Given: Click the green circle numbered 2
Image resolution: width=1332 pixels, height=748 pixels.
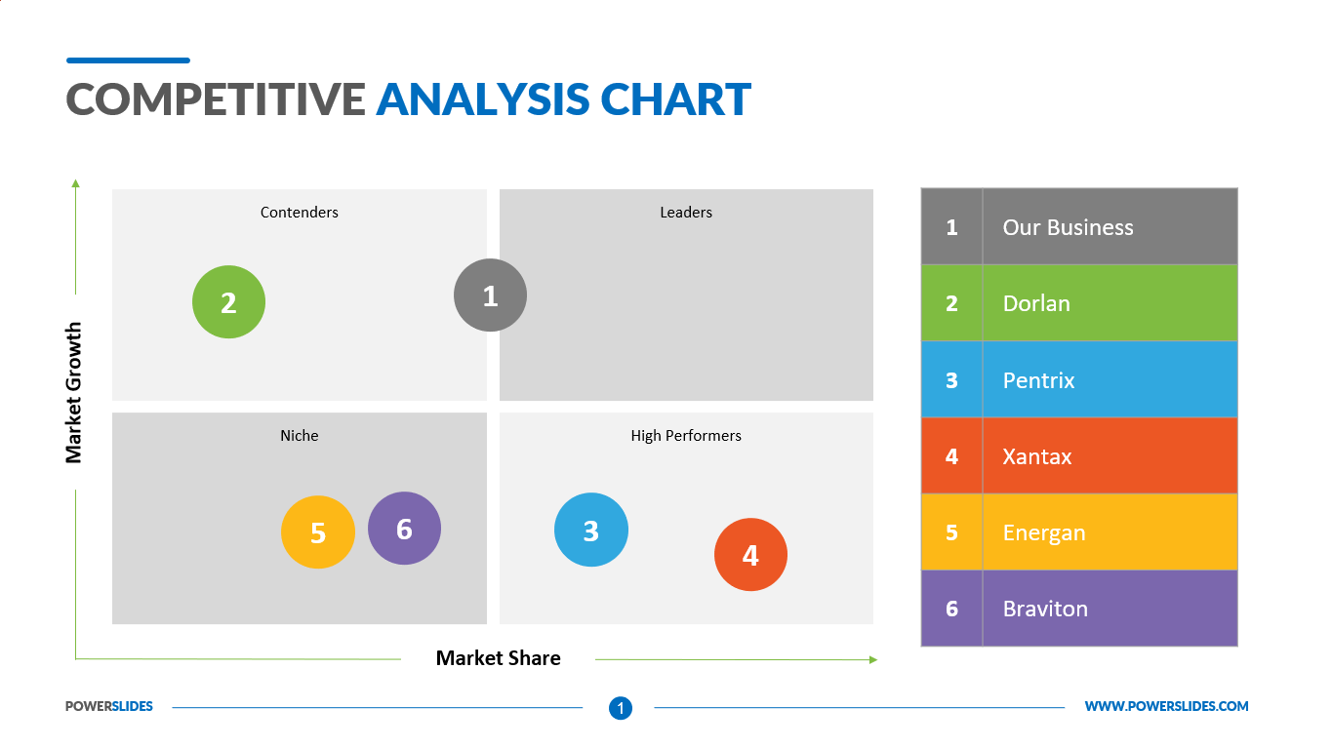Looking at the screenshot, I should [x=228, y=302].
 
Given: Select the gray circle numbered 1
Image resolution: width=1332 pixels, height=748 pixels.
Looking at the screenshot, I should [x=490, y=295].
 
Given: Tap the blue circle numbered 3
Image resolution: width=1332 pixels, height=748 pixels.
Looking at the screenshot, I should [x=590, y=530].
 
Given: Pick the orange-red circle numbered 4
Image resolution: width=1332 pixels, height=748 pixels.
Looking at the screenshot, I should [x=749, y=554].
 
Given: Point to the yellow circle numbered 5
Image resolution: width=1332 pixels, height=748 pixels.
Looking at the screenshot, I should [x=317, y=532].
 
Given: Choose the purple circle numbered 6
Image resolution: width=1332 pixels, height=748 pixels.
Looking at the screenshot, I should [x=404, y=528].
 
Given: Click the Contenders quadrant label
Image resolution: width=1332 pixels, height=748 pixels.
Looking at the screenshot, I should [x=299, y=212].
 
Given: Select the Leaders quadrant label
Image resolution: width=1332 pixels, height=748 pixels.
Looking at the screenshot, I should [x=685, y=212].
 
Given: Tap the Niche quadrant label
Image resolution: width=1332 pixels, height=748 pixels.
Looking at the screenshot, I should [x=299, y=435].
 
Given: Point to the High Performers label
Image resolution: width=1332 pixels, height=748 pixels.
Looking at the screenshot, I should [x=685, y=435].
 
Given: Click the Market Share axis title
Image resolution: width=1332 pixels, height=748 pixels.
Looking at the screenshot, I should [x=498, y=658].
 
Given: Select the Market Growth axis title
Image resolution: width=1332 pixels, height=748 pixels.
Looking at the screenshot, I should [x=74, y=392].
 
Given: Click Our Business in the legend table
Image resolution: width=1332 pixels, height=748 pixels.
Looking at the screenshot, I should [x=1068, y=227].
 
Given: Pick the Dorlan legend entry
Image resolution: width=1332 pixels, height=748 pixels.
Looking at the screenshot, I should [x=1035, y=303].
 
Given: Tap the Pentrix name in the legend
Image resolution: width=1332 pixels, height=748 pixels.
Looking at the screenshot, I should [x=1038, y=380].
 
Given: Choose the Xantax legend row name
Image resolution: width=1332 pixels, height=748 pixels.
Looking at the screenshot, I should [x=1036, y=456].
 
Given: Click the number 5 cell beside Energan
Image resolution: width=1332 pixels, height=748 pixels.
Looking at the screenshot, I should [x=951, y=532].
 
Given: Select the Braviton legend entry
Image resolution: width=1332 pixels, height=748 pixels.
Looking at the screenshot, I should [x=1044, y=609].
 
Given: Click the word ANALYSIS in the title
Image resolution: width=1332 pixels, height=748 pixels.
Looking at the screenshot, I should [x=482, y=99].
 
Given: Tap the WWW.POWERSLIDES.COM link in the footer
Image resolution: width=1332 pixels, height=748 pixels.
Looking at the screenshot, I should [x=1166, y=706].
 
